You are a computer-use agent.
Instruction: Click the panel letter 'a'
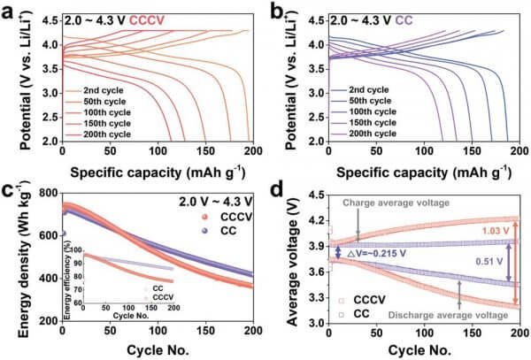click(7, 11)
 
